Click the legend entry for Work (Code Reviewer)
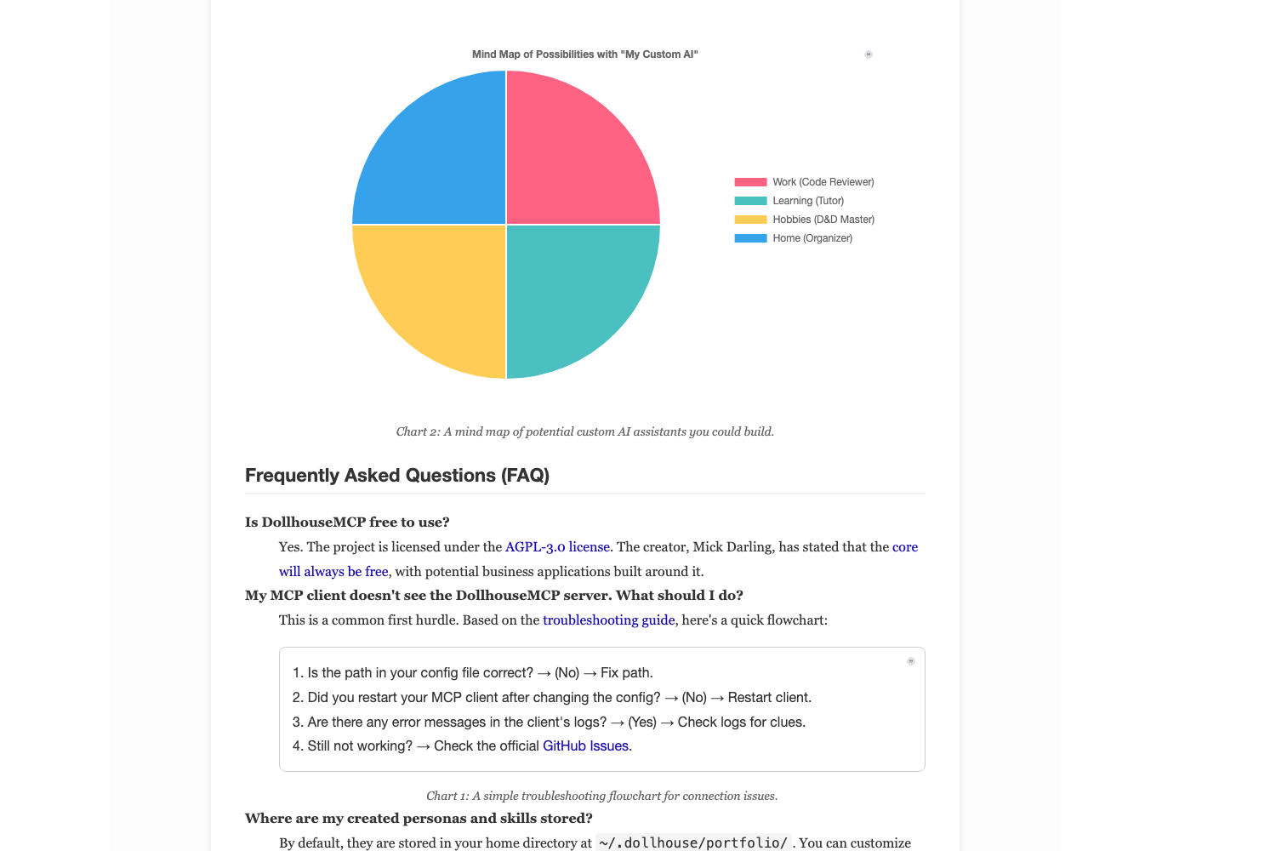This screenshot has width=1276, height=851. [x=805, y=182]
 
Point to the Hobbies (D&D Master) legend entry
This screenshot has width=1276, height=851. [x=805, y=220]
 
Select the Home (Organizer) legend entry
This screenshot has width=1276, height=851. [x=794, y=238]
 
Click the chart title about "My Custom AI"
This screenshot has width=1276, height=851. [x=584, y=54]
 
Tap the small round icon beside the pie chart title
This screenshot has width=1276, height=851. [x=869, y=54]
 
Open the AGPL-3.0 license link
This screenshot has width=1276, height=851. [x=557, y=547]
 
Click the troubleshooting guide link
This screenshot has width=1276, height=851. [x=608, y=620]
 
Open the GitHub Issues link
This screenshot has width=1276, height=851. [x=585, y=746]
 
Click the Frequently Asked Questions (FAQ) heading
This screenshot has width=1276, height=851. [x=397, y=476]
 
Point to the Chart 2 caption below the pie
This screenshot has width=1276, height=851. [x=584, y=432]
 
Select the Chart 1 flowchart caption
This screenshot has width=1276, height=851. [x=601, y=797]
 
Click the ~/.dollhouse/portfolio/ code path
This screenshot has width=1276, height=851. [x=693, y=843]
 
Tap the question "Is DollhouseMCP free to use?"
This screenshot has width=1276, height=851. [x=347, y=523]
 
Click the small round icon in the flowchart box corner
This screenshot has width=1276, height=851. [x=911, y=661]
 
